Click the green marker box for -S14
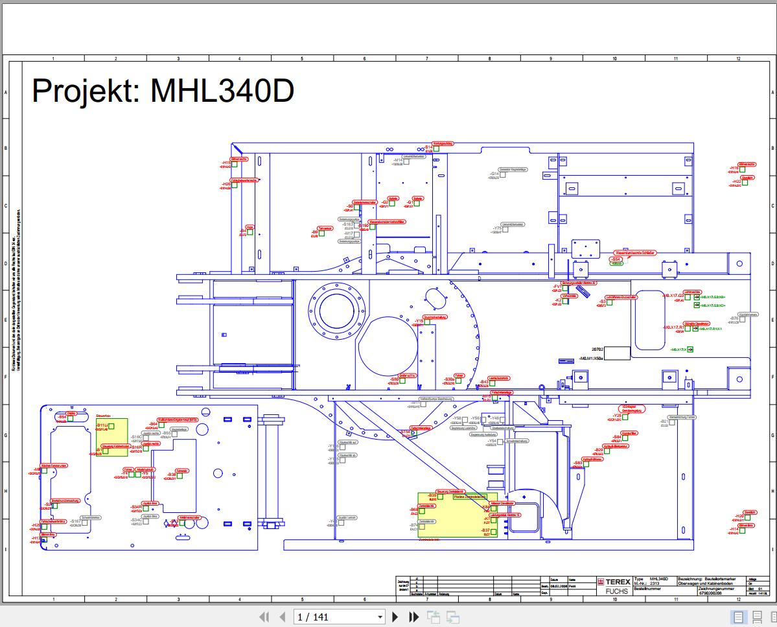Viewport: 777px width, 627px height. [x=436, y=148]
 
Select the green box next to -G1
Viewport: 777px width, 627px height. [x=417, y=204]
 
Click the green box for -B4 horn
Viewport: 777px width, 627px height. [x=250, y=231]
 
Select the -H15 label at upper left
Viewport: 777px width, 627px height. [x=226, y=163]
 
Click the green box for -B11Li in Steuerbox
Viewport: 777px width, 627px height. [x=111, y=426]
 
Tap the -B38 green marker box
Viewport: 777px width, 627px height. [x=180, y=476]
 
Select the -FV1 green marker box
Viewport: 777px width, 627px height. [x=565, y=288]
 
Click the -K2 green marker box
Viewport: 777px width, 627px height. [x=565, y=302]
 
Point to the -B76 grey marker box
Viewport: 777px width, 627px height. [x=743, y=319]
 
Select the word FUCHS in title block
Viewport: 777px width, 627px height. [x=616, y=591]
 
